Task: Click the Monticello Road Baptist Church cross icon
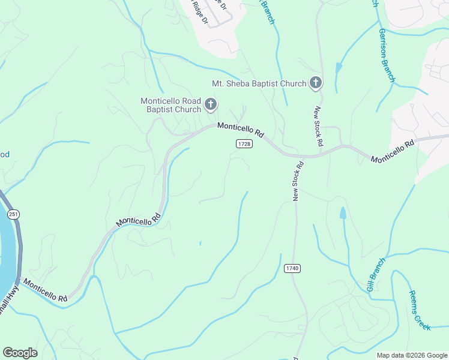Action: coord(211,105)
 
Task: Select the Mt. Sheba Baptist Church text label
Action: coord(259,84)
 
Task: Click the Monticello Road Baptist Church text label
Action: coord(170,105)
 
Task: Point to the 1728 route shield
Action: coord(244,144)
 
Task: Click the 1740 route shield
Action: coord(292,268)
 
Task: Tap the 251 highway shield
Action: coord(12,214)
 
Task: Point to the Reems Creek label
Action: coord(420,310)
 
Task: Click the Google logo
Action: coord(20,353)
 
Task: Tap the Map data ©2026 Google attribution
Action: coord(412,355)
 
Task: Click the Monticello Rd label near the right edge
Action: coord(393,152)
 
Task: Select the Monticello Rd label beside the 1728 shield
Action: coord(241,129)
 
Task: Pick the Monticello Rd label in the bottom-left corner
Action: coord(46,289)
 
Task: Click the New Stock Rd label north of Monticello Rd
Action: coord(319,127)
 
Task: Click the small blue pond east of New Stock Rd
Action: coord(343,213)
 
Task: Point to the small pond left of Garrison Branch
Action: coord(339,68)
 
